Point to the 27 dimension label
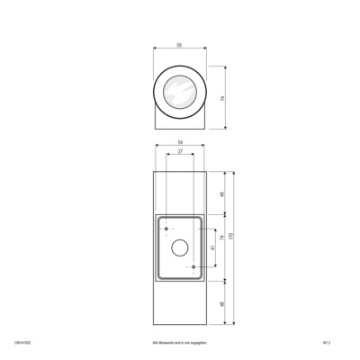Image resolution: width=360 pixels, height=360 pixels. [x=180, y=153]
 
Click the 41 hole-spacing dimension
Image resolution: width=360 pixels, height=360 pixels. [x=212, y=247]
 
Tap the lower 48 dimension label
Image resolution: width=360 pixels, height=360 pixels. [x=222, y=303]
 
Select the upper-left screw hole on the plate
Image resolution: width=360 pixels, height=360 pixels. [x=166, y=228]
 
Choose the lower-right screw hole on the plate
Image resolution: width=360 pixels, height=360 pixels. [x=193, y=268]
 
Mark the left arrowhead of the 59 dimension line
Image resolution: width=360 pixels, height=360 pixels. [x=156, y=49]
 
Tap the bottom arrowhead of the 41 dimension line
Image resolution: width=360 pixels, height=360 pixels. [x=216, y=267]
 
